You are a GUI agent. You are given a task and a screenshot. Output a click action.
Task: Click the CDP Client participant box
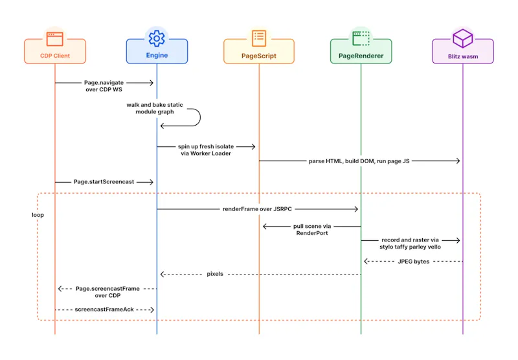click(x=55, y=51)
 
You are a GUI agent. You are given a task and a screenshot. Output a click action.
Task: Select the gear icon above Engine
click(x=157, y=38)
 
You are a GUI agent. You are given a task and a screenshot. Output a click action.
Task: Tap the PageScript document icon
click(x=259, y=38)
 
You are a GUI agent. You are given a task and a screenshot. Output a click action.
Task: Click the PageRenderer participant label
click(x=361, y=56)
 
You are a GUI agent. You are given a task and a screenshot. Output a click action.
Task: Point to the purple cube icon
click(x=462, y=38)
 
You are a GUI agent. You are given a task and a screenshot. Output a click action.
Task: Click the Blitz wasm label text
click(x=463, y=56)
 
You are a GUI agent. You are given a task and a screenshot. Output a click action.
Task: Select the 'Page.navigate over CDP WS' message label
click(x=104, y=86)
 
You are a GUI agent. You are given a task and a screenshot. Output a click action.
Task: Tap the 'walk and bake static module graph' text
click(x=155, y=108)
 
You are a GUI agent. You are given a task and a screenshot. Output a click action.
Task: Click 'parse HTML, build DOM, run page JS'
click(x=359, y=161)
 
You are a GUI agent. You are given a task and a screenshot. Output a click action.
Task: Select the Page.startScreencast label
click(x=104, y=182)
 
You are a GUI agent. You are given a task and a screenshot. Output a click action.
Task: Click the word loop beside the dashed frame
click(x=38, y=215)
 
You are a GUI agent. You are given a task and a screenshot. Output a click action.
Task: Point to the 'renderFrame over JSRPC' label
click(x=257, y=209)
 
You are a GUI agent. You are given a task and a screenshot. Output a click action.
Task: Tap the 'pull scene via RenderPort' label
click(x=312, y=230)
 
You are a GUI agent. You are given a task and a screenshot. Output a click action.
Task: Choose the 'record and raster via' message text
click(x=410, y=240)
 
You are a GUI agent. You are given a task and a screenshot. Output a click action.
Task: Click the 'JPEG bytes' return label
click(x=414, y=262)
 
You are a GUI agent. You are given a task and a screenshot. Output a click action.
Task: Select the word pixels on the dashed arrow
click(x=215, y=274)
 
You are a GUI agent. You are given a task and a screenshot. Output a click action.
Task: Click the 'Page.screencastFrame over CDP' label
click(x=107, y=292)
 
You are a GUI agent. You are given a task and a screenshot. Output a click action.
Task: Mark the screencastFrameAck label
click(x=104, y=309)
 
